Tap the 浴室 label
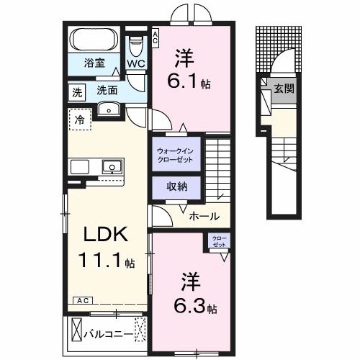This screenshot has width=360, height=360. [94, 63]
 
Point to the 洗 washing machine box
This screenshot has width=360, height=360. [76, 91]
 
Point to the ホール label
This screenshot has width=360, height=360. [204, 215]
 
